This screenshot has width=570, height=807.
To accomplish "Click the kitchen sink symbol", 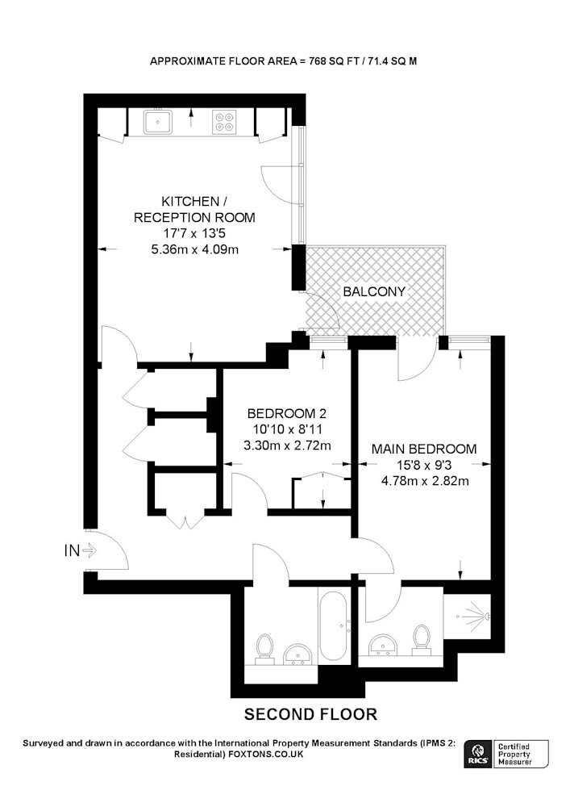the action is (158, 122).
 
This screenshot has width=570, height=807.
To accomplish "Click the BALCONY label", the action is (374, 292).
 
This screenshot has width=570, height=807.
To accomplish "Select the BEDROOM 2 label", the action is (287, 413).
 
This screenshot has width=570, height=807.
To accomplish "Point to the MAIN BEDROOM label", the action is (424, 449).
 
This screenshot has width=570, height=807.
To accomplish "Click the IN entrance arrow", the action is (89, 550).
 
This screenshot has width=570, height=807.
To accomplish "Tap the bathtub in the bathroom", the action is (334, 626).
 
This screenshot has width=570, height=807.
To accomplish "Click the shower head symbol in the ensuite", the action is (473, 615).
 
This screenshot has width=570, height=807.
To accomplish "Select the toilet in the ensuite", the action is (422, 641).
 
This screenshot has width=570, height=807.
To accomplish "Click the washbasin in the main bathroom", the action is (297, 654).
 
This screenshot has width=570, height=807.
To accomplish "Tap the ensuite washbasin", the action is (383, 644).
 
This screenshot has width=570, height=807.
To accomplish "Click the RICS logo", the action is (477, 754).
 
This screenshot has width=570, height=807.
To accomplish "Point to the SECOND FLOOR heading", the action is (310, 714).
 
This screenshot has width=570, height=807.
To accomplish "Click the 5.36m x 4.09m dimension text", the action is (194, 250).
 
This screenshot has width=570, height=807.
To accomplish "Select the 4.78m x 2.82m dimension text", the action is (425, 481).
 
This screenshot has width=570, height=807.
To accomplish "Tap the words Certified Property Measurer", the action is (514, 754).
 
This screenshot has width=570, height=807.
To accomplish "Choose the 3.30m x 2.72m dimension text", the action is (287, 445).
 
